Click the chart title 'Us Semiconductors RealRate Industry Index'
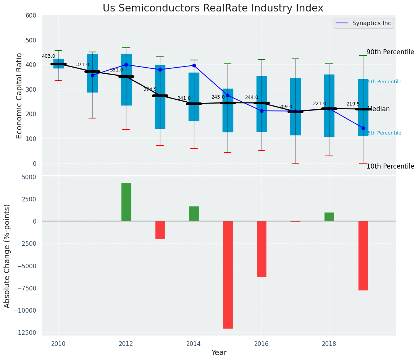pos(213,8)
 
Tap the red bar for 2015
pos(228,274)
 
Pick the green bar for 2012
pos(126,202)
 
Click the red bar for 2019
pos(363,255)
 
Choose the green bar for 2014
pos(194,214)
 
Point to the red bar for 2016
pos(261,249)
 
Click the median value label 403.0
pos(48,56)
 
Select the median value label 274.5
pos(150,89)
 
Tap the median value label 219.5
pos(353,104)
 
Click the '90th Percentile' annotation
pos(390,52)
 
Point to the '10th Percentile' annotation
pos(390,166)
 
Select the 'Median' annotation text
pos(379,109)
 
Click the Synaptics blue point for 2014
pos(194,65)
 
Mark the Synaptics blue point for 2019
pos(363,128)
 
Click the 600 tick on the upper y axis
pos(31,16)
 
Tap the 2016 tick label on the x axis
pos(261,344)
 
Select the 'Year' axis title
pos(219,353)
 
